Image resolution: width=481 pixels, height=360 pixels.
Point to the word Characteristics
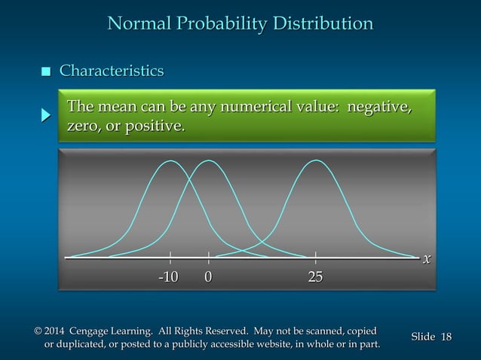112,72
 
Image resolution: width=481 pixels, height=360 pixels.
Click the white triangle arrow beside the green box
46,116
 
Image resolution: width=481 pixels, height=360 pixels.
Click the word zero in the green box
84,126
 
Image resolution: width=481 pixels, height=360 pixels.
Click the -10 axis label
168,277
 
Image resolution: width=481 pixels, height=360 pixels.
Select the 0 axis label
208,277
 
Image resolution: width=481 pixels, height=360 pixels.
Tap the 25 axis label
315,277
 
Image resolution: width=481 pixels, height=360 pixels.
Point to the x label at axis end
427,258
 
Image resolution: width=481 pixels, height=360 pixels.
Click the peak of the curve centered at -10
171,160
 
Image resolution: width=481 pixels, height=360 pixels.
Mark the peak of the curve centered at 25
315,160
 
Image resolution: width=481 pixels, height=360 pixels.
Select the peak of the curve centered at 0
208,160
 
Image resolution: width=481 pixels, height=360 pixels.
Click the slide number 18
446,337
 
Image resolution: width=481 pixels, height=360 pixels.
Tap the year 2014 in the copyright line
54,331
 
